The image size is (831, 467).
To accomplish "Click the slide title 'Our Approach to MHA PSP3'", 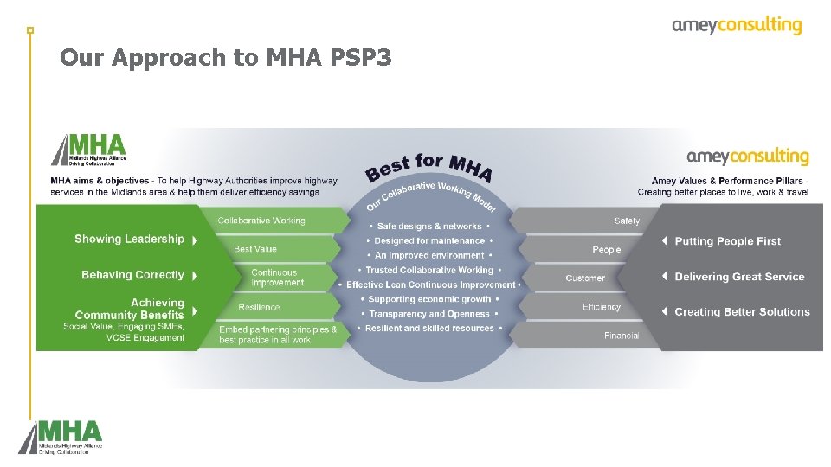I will tap(226, 58).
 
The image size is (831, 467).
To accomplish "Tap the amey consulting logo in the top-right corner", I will tap(737, 26).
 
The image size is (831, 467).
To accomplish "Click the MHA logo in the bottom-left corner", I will tap(61, 437).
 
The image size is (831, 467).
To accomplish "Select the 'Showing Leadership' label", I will tap(130, 240).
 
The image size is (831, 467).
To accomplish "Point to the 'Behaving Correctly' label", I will tap(132, 275).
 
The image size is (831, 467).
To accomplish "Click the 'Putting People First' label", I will tap(727, 241).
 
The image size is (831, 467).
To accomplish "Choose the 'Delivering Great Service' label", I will tap(739, 277).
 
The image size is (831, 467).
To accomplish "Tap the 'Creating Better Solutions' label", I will tap(742, 312).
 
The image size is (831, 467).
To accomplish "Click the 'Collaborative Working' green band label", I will tap(261, 221).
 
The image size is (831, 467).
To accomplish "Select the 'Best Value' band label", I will tap(255, 249).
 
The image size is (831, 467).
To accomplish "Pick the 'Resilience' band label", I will tap(259, 307).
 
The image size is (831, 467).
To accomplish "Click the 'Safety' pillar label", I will tap(627, 221).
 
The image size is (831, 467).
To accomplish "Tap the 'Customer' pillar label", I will tap(585, 278).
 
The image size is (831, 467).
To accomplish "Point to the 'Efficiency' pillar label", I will tap(602, 307).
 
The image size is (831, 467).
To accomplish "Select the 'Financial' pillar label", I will tap(622, 336).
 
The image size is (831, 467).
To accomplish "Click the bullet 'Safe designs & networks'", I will tap(428, 227).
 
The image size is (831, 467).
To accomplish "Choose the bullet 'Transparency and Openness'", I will tap(429, 314).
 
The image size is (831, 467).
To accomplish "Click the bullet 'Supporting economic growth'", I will tap(429, 299).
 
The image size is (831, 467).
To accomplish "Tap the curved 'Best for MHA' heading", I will tap(429, 166).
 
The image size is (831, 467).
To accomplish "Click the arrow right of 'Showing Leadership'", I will tap(195, 240).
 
